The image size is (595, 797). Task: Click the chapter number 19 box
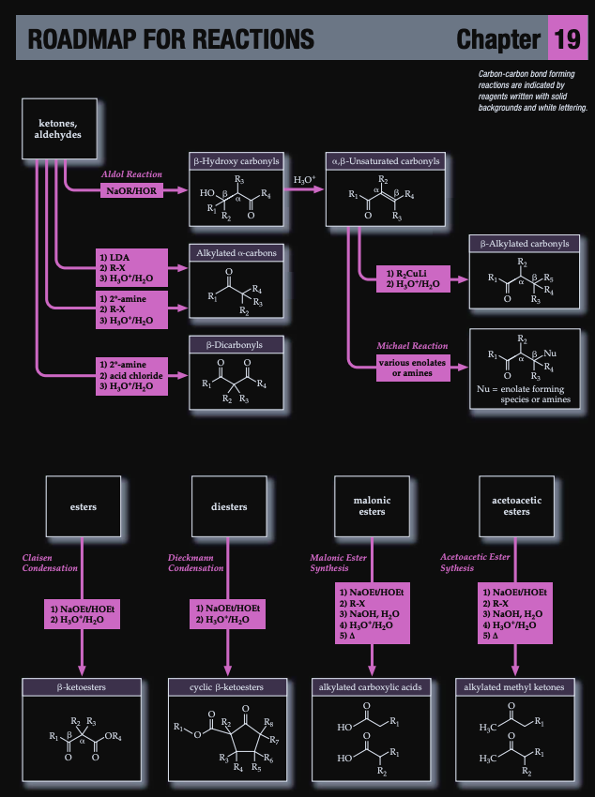pyautogui.click(x=566, y=38)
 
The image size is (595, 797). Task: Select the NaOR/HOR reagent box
pyautogui.click(x=132, y=191)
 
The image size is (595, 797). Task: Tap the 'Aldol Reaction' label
pyautogui.click(x=132, y=174)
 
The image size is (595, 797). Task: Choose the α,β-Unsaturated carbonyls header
pyautogui.click(x=383, y=160)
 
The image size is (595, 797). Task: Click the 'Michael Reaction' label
pyautogui.click(x=412, y=346)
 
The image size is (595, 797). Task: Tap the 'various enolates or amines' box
pyautogui.click(x=412, y=368)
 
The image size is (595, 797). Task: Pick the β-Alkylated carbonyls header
pyautogui.click(x=525, y=244)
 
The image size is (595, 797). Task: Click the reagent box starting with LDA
pyautogui.click(x=130, y=266)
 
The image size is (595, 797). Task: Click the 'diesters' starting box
pyautogui.click(x=229, y=507)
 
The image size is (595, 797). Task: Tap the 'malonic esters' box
pyautogui.click(x=373, y=506)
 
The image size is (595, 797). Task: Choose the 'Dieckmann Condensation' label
pyautogui.click(x=196, y=563)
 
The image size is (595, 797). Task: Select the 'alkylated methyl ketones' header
pyautogui.click(x=515, y=687)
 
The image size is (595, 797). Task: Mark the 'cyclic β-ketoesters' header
pyautogui.click(x=228, y=687)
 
